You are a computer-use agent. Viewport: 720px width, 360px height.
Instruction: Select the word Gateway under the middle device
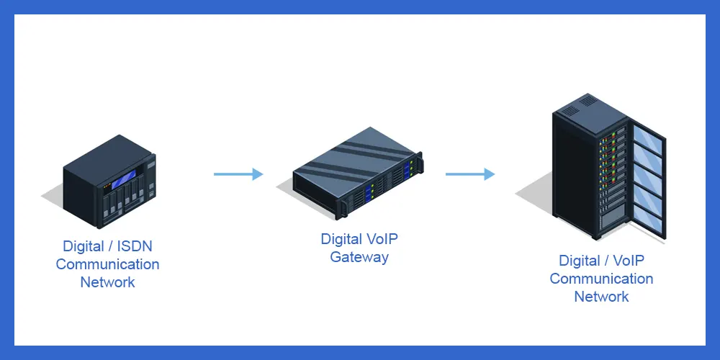click(x=359, y=257)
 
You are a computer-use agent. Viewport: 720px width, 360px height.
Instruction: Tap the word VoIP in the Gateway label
click(x=382, y=239)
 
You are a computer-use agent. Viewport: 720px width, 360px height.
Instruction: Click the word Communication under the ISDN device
click(x=107, y=264)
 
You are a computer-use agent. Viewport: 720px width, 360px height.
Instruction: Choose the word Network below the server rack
click(x=601, y=297)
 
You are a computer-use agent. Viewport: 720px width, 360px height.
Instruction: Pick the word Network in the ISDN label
click(x=107, y=282)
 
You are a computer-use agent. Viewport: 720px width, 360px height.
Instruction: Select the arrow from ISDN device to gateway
click(x=238, y=174)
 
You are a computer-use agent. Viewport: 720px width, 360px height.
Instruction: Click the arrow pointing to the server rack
click(x=470, y=174)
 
